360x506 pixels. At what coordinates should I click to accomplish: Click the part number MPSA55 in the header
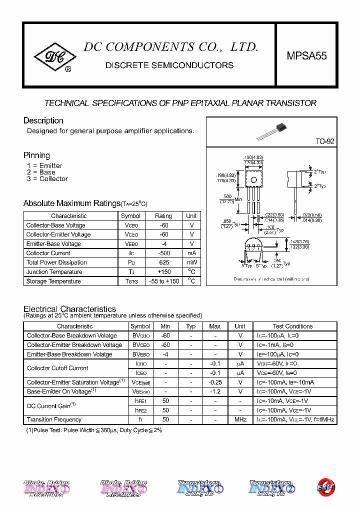point(306,56)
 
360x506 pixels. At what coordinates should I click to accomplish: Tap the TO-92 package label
point(324,141)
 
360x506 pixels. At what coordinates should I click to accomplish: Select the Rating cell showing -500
point(163,253)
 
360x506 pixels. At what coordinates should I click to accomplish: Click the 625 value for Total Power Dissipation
point(163,262)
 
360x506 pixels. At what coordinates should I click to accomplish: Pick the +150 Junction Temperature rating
point(163,272)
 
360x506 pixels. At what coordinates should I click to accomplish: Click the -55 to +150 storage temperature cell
point(163,281)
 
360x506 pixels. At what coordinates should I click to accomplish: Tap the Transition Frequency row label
point(54,419)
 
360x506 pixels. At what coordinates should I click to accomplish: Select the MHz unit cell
point(240,419)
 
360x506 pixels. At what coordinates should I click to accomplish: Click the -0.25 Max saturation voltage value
point(215,382)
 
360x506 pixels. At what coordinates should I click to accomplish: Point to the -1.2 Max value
point(215,391)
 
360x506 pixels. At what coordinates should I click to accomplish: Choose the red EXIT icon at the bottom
point(325,486)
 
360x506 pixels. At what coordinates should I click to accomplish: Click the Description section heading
point(43,120)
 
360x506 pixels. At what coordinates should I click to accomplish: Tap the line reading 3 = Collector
point(47,179)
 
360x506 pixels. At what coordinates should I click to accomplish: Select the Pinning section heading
point(36,155)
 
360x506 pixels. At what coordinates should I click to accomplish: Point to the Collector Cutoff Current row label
point(57,368)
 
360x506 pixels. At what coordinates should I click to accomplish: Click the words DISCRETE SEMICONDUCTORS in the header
point(169,65)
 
